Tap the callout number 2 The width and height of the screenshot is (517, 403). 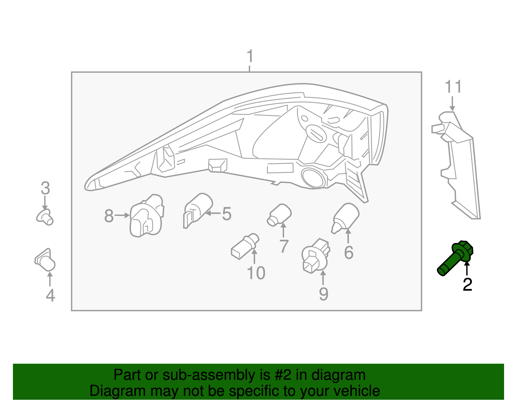tap(467, 285)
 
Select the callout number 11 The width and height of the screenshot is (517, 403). tap(453, 86)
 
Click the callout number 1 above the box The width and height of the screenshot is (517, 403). tap(250, 56)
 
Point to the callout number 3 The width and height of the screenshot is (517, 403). tap(45, 188)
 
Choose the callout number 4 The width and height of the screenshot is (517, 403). tap(50, 296)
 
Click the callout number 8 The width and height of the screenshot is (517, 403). tap(109, 216)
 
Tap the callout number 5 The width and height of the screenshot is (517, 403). tap(227, 214)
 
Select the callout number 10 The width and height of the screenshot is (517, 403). tap(256, 273)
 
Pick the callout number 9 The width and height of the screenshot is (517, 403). tap(323, 294)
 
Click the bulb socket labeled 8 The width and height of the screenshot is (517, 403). tap(147, 216)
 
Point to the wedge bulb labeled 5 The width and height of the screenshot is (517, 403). tap(198, 210)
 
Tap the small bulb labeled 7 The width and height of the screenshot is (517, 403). tap(279, 215)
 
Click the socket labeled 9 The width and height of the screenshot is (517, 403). tap(316, 256)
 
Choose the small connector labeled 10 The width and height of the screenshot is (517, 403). tap(245, 246)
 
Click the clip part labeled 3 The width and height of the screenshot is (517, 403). tap(45, 217)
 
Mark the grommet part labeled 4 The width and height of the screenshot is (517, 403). tap(45, 260)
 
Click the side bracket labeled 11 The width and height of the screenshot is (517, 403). tap(456, 165)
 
